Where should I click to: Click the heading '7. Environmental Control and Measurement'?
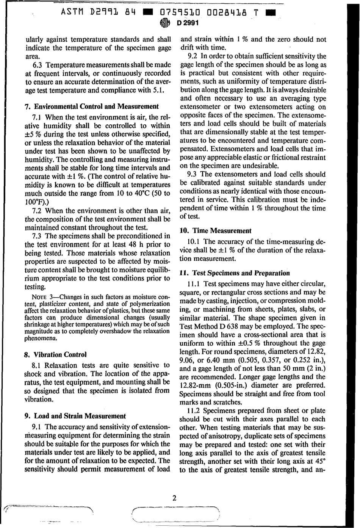pyautogui.click(x=91, y=106)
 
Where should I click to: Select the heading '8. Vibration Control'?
pyautogui.click(x=55, y=355)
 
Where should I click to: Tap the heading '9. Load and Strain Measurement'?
pyautogui.click(x=75, y=415)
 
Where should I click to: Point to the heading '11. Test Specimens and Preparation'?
pyautogui.click(x=236, y=273)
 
